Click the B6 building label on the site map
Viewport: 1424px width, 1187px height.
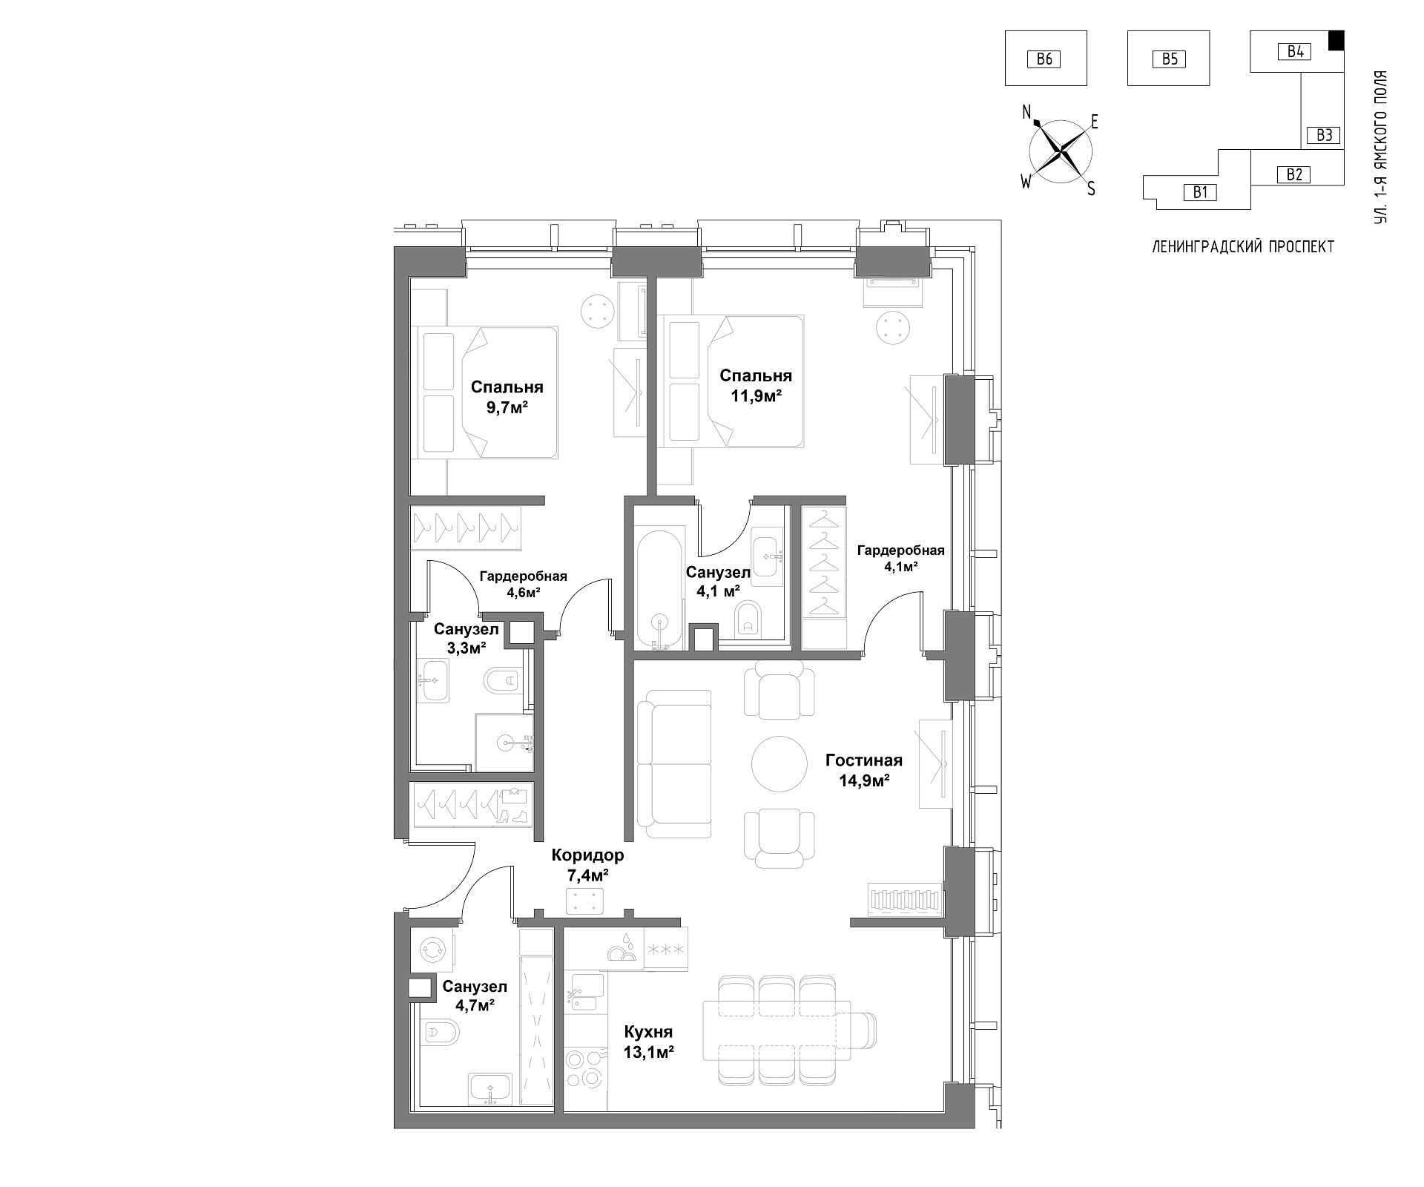coord(1044,59)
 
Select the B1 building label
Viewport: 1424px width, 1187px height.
coord(1201,192)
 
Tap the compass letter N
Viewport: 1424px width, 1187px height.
coord(1027,112)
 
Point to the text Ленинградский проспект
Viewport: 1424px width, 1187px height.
coord(1243,247)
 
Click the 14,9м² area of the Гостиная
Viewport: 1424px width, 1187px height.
coord(864,780)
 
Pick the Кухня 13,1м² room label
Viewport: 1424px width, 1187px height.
coord(648,1042)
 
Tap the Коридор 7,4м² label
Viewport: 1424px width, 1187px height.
coord(587,865)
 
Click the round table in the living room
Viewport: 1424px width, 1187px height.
coord(779,763)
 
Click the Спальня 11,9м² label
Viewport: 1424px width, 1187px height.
coord(756,385)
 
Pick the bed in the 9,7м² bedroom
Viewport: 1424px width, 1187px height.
coord(485,392)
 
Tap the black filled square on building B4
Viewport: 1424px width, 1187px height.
coord(1336,41)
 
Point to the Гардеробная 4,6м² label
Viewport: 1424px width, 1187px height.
coord(523,584)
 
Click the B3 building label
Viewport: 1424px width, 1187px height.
coord(1325,135)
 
